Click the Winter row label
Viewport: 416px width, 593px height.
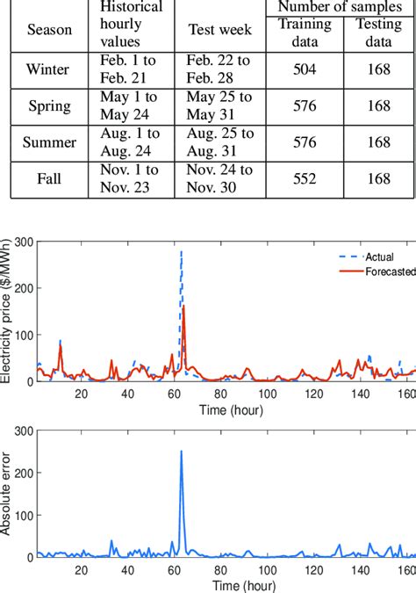pos(49,68)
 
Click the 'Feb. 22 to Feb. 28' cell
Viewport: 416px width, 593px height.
pos(219,68)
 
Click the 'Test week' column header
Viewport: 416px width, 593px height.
pos(219,29)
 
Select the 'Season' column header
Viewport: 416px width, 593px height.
pos(49,29)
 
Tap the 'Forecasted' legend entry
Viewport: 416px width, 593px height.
pos(384,272)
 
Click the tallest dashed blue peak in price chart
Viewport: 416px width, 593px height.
pos(182,252)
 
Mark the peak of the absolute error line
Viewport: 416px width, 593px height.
pos(182,452)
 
